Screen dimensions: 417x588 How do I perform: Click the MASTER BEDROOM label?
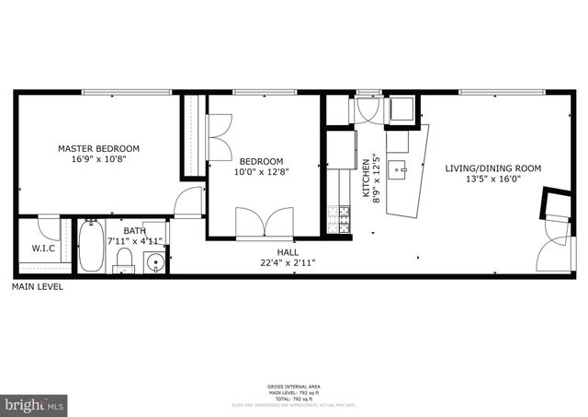pyautogui.click(x=98, y=148)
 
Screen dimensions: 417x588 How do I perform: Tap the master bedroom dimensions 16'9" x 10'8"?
pyautogui.click(x=98, y=159)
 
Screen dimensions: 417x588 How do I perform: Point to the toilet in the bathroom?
pyautogui.click(x=123, y=263)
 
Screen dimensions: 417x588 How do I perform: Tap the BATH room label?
pyautogui.click(x=135, y=231)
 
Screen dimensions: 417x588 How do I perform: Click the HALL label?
pyautogui.click(x=288, y=250)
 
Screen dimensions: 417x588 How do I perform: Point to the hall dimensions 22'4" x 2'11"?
pyautogui.click(x=288, y=261)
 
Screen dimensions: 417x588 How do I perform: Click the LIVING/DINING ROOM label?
pyautogui.click(x=492, y=168)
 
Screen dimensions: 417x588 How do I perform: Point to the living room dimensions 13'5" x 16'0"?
pyautogui.click(x=492, y=180)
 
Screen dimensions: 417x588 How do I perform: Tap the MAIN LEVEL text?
pyautogui.click(x=37, y=287)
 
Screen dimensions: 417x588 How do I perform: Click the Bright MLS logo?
pyautogui.click(x=35, y=404)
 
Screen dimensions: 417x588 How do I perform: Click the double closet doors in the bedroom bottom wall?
pyautogui.click(x=264, y=224)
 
